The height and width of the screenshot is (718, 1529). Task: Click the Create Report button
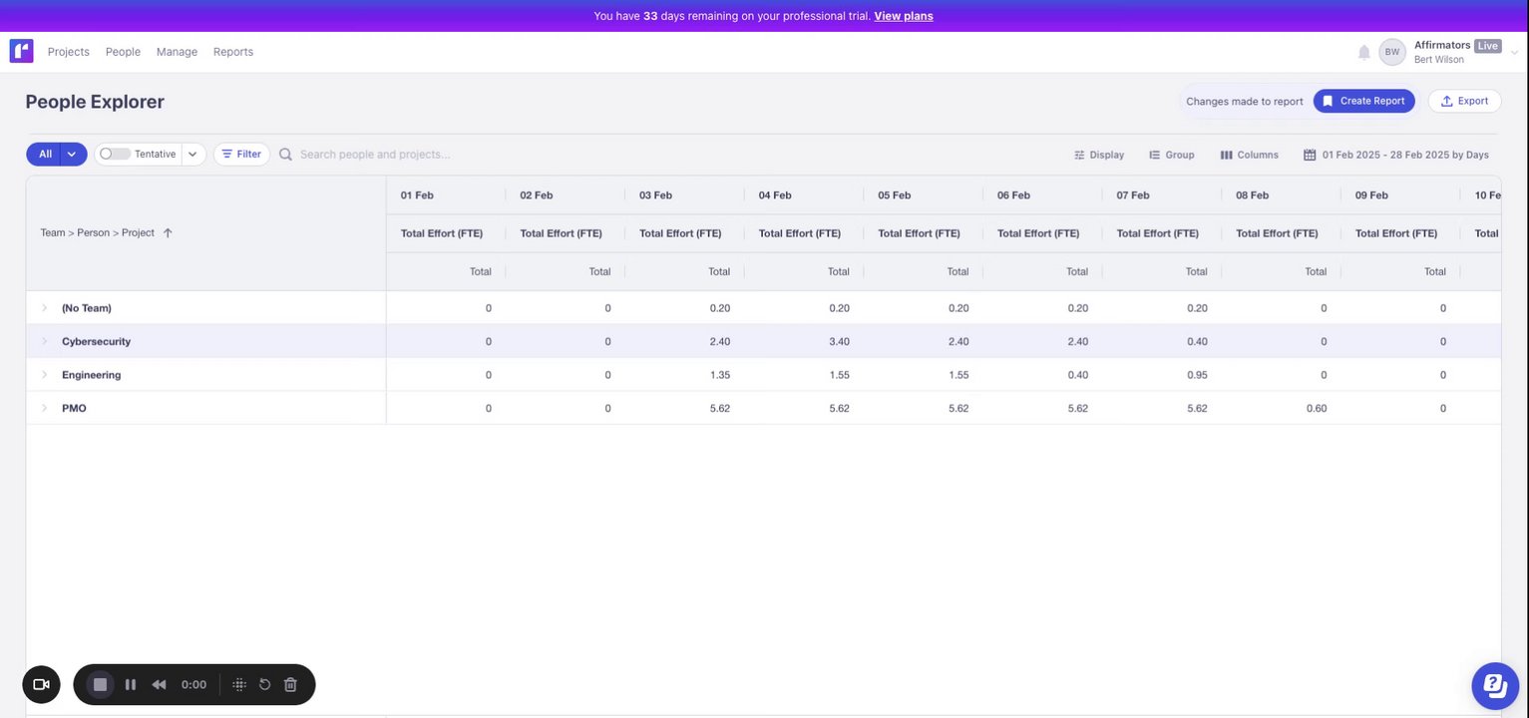1363,101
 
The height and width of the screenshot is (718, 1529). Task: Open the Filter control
241,155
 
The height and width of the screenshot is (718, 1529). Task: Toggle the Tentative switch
115,155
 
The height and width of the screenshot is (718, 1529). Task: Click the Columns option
1249,155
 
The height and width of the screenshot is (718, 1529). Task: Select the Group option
1172,155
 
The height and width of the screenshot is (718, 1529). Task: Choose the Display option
1099,155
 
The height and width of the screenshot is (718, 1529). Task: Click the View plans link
903,16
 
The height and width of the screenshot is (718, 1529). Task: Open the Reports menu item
233,52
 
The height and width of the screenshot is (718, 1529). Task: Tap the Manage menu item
177,52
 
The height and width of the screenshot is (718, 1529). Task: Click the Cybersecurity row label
96,341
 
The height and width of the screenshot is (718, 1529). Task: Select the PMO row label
74,408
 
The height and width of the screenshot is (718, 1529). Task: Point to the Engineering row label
91,375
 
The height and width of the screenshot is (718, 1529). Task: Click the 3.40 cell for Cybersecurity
839,341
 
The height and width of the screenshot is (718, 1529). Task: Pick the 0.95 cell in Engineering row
1197,375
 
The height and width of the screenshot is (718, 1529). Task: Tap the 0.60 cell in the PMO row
1317,408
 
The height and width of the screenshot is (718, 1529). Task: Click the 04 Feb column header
775,195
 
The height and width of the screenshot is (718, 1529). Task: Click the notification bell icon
1363,52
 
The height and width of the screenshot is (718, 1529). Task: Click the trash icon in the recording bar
290,685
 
